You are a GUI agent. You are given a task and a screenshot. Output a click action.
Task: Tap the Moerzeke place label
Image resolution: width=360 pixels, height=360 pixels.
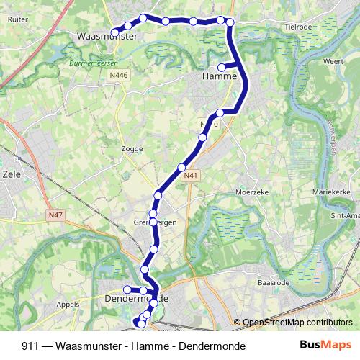click(251, 192)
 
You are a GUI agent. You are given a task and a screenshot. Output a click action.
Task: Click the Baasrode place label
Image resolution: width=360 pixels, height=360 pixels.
click(274, 283)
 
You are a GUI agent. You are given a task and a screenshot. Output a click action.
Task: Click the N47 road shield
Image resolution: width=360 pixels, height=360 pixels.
click(56, 214)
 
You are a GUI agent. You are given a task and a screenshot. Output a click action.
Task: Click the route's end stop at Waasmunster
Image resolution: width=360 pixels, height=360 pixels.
click(114, 32)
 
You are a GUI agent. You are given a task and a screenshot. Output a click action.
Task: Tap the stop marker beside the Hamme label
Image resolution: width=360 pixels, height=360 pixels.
click(222, 68)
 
